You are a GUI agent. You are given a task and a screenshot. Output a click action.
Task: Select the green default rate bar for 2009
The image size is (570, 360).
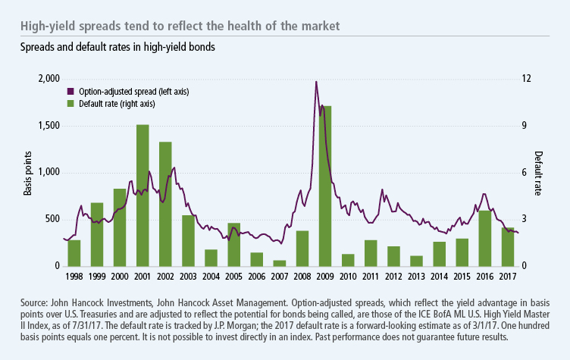point(325,186)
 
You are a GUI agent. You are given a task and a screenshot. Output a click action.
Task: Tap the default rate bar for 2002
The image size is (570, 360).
point(165,205)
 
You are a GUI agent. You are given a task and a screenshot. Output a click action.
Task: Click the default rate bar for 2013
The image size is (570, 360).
point(416,261)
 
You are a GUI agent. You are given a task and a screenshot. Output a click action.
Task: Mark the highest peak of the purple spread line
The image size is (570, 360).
point(315,81)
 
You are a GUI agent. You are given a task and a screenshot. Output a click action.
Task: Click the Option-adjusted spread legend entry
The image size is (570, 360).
point(133,91)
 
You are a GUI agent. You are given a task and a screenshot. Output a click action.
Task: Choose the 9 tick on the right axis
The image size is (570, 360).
point(521,126)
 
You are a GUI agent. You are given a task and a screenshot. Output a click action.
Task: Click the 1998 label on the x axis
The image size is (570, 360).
point(74,277)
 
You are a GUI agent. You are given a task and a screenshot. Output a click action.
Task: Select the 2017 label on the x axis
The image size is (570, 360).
point(507,277)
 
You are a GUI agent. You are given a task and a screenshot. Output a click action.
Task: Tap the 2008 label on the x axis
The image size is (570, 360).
point(302,277)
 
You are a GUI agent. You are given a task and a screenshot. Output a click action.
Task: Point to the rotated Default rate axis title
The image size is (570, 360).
point(539,173)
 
